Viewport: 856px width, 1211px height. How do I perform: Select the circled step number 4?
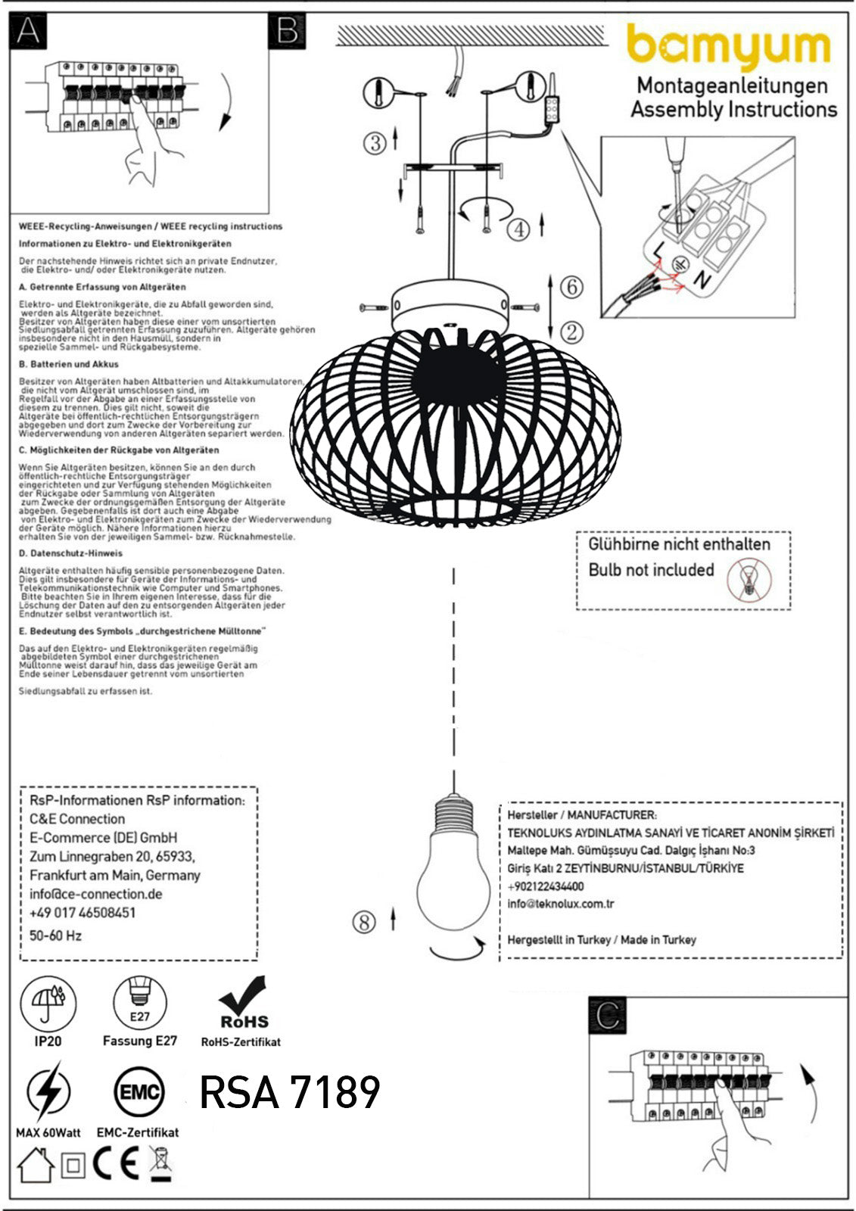(x=518, y=229)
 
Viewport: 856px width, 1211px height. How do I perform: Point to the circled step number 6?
(x=572, y=288)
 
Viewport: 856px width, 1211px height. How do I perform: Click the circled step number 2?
(x=572, y=332)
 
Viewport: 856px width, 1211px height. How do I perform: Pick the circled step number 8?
(x=365, y=922)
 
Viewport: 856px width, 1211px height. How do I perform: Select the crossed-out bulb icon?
(x=749, y=580)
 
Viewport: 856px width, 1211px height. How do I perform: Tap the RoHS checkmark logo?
(x=242, y=1003)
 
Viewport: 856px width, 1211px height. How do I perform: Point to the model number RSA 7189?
(x=290, y=1092)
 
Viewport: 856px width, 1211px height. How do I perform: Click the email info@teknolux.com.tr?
(x=561, y=904)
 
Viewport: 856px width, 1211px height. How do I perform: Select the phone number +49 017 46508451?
(x=82, y=913)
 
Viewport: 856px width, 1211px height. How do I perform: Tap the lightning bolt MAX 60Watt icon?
(x=48, y=1092)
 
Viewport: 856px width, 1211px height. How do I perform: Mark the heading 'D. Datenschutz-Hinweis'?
(x=70, y=553)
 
